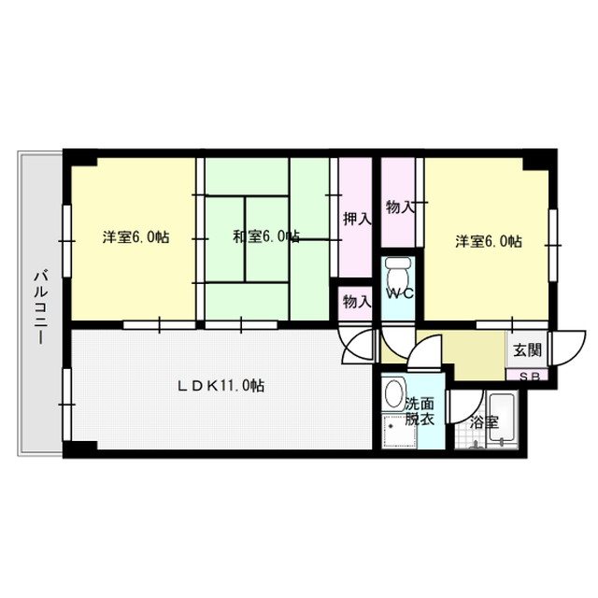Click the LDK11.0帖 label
click(x=221, y=384)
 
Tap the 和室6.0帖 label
click(x=266, y=237)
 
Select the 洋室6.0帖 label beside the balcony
click(x=136, y=237)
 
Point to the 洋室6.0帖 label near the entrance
click(x=489, y=240)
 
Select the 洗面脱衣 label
click(x=420, y=412)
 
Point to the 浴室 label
click(x=483, y=421)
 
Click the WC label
click(x=401, y=293)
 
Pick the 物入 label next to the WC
click(x=400, y=206)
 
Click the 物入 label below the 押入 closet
click(x=356, y=301)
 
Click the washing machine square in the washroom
click(x=398, y=430)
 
